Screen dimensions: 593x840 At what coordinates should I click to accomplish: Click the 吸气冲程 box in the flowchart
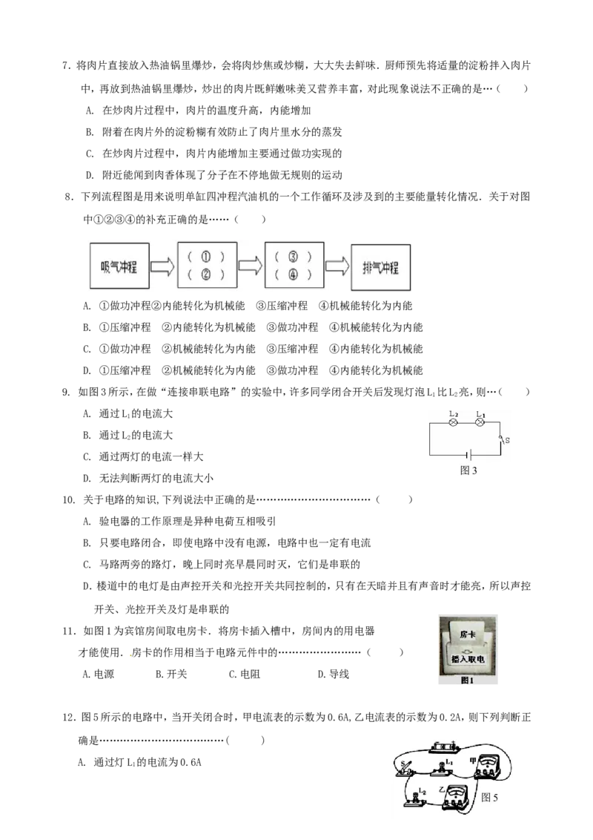coord(119,266)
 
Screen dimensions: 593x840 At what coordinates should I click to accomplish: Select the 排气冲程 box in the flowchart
coord(380,267)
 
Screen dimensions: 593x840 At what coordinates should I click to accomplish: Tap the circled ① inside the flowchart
coord(206,257)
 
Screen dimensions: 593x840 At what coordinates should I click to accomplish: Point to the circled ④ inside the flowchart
coord(293,275)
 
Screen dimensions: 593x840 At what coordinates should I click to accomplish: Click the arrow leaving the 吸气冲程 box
coord(162,267)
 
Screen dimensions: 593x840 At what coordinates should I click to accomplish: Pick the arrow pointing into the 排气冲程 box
coord(337,266)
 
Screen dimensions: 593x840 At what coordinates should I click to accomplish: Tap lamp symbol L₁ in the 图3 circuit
coord(480,423)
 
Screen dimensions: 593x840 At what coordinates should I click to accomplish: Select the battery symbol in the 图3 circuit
coord(468,456)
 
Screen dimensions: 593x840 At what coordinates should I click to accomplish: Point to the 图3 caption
coord(468,470)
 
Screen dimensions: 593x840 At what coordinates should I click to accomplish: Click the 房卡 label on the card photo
coord(467,634)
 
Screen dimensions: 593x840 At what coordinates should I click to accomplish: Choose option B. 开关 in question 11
coord(170,674)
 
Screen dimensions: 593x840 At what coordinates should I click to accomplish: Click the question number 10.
coord(68,500)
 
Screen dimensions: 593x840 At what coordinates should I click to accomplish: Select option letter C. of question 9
coord(87,457)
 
